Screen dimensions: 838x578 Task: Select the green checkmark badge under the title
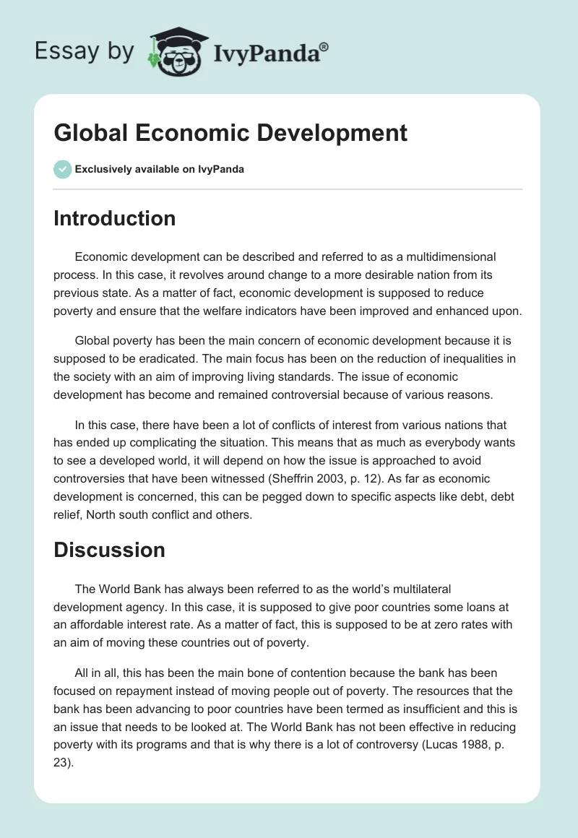pos(62,169)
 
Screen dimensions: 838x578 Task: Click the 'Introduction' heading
pos(114,218)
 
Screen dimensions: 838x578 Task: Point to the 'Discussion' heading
pos(109,550)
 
